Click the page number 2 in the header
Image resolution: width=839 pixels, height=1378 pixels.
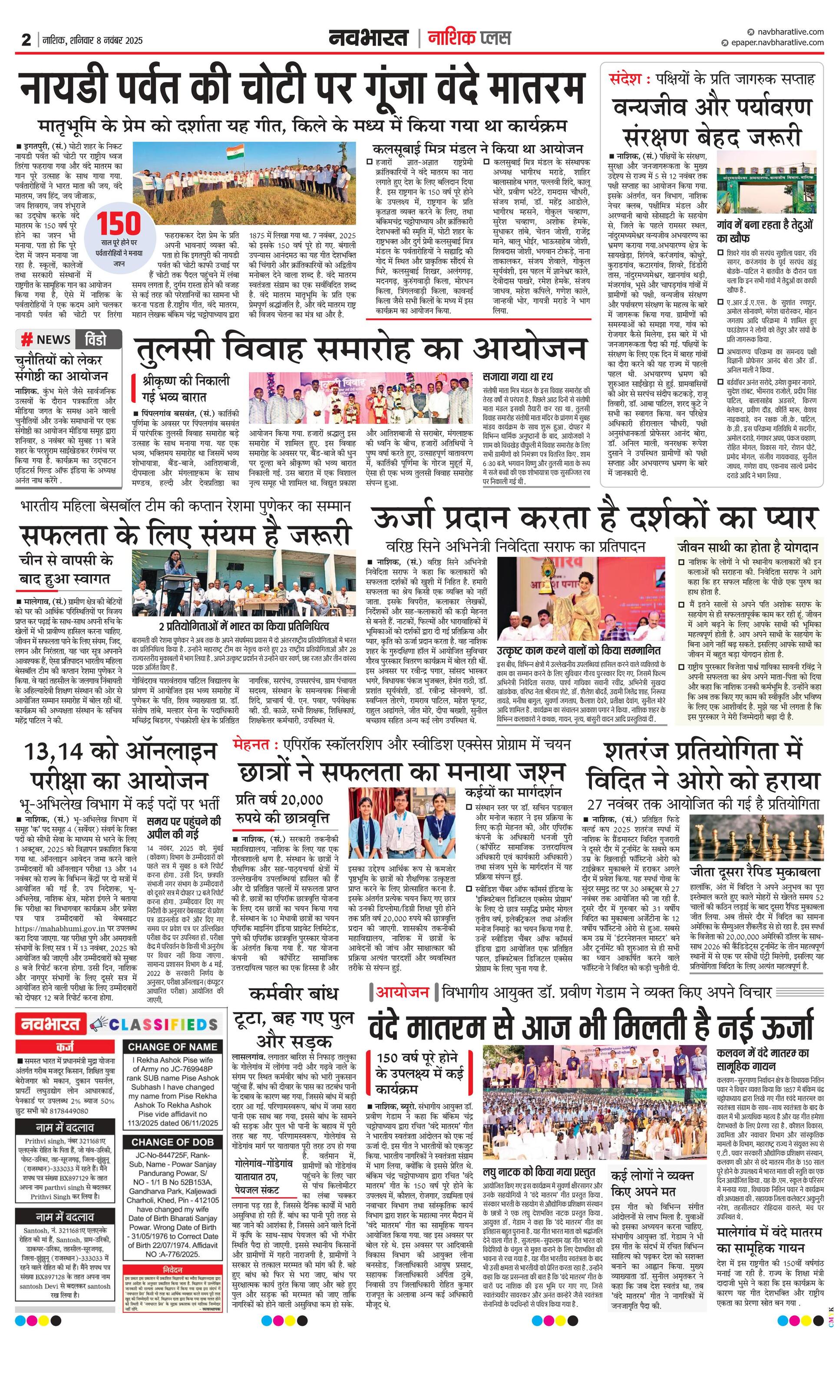coord(26,40)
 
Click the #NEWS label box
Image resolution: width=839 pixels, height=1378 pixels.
coord(46,339)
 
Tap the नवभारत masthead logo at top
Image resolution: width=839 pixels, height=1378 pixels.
coord(369,38)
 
